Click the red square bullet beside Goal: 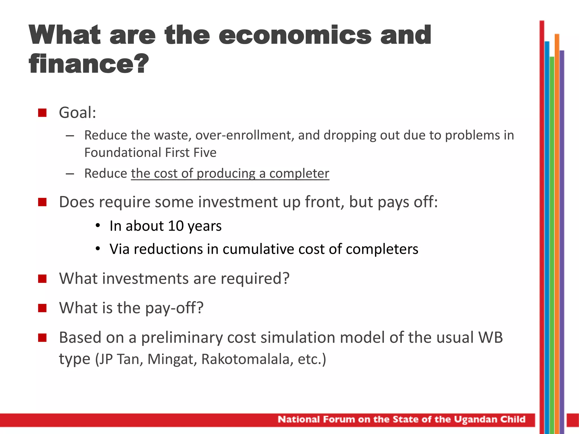point(42,113)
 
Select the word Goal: point(77,112)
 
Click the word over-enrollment point(245,135)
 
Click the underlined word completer point(299,173)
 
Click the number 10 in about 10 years point(176,226)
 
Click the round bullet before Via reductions point(98,249)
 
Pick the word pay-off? point(174,308)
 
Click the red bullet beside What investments point(42,279)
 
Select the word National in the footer point(299,419)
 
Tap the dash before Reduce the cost point(70,174)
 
